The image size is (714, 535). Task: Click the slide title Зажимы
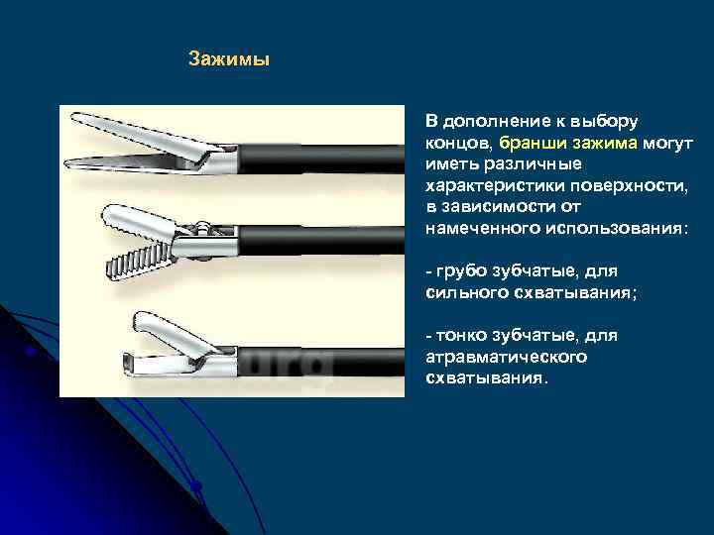[x=229, y=60]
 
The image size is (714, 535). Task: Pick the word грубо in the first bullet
[x=462, y=270]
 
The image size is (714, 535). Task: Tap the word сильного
[x=466, y=292]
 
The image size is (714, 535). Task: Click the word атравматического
[x=507, y=357]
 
